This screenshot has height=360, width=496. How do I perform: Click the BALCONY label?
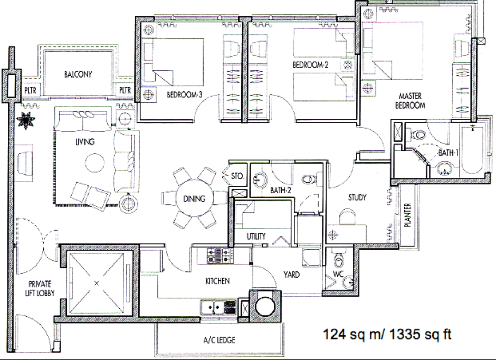78,74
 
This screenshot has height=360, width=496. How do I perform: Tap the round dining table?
194,198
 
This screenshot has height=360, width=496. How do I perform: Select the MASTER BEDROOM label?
410,101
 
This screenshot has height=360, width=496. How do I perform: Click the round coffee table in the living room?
94,163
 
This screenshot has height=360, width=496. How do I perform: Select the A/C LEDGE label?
219,340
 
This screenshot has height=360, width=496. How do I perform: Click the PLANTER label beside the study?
407,215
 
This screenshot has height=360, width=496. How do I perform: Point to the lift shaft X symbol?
97,283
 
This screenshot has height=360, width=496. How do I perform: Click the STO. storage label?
237,176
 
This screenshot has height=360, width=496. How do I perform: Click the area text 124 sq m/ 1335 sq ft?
387,334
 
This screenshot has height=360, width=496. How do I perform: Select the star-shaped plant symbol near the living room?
26,120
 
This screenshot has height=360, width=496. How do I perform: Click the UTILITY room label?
256,236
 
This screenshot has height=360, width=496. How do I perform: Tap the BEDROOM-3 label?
184,94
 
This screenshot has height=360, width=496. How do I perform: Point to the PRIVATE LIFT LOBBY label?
40,289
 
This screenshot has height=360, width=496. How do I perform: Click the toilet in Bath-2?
309,179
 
